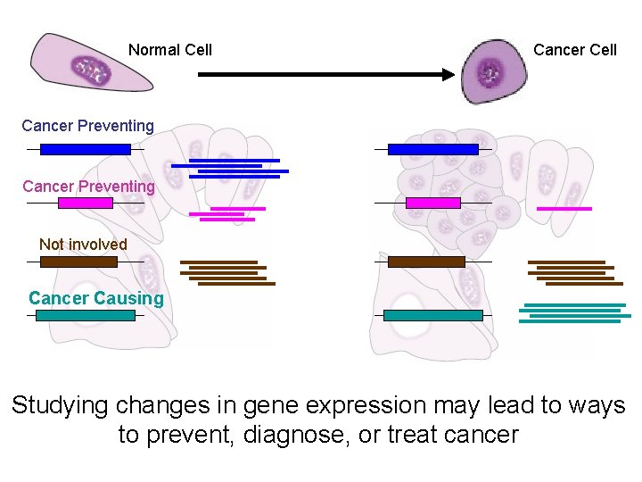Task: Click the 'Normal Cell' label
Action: point(169,50)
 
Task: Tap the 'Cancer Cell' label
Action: point(574,50)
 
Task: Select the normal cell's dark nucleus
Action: point(91,70)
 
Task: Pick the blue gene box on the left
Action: point(86,149)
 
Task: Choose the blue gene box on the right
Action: point(433,149)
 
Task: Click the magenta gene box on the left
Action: point(86,203)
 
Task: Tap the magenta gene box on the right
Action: point(433,203)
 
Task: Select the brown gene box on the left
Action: point(78,262)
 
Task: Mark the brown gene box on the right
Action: point(426,262)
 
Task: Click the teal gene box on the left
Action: point(85,315)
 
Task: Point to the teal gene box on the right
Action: point(432,315)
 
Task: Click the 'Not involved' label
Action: point(83,245)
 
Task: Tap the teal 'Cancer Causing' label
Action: point(96,298)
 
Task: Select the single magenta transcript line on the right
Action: point(564,208)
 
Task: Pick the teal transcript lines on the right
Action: point(574,313)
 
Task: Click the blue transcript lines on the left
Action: point(230,169)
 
